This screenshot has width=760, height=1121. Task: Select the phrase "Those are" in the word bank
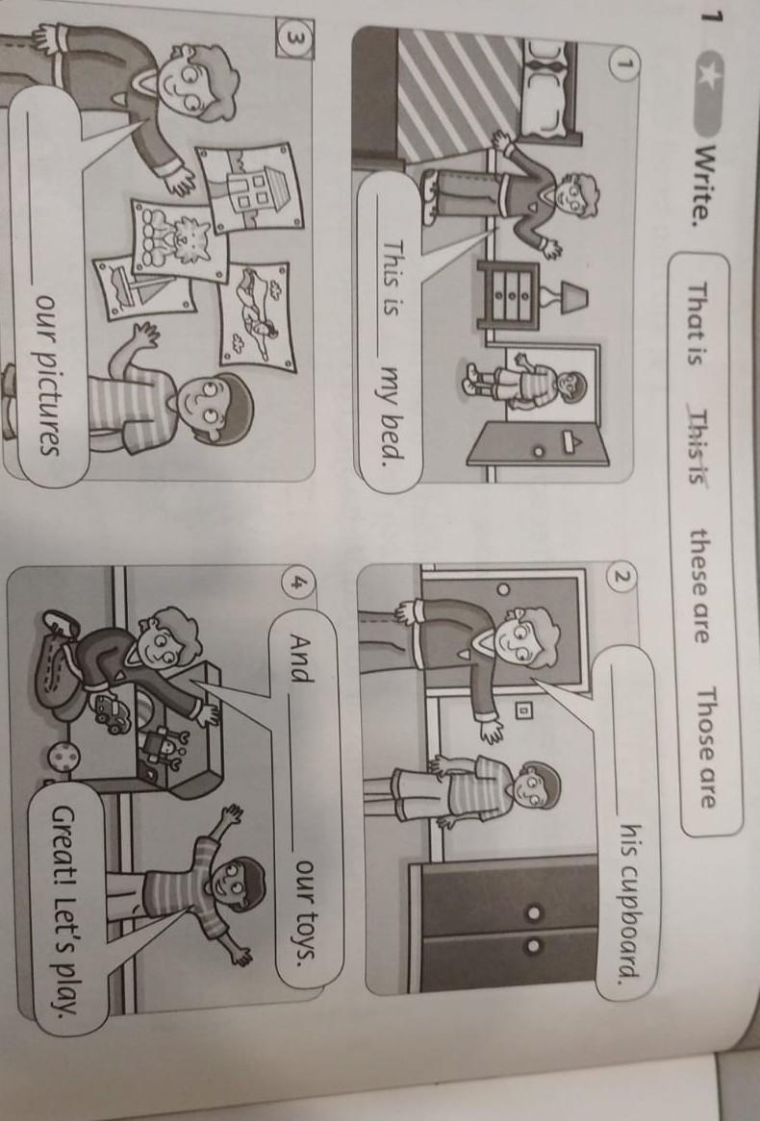(x=707, y=747)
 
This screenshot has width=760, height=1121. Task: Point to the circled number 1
(x=623, y=64)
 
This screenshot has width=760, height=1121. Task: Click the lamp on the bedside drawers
(x=566, y=297)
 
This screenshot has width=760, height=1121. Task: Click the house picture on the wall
(x=250, y=188)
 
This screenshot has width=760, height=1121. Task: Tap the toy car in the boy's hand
(x=114, y=712)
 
